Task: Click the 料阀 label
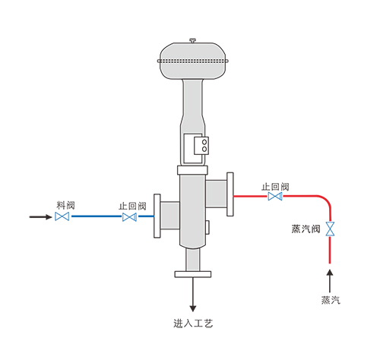click(x=65, y=205)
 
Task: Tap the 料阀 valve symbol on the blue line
click(x=62, y=216)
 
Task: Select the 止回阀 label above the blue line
click(x=132, y=206)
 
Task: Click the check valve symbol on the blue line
click(x=129, y=217)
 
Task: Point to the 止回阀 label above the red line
click(x=275, y=187)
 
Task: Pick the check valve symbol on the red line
click(x=275, y=196)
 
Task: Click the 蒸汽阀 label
click(x=306, y=229)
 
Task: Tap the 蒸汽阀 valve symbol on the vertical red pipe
click(x=330, y=229)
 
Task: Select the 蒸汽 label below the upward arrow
click(x=331, y=300)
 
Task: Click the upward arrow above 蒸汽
click(x=330, y=281)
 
